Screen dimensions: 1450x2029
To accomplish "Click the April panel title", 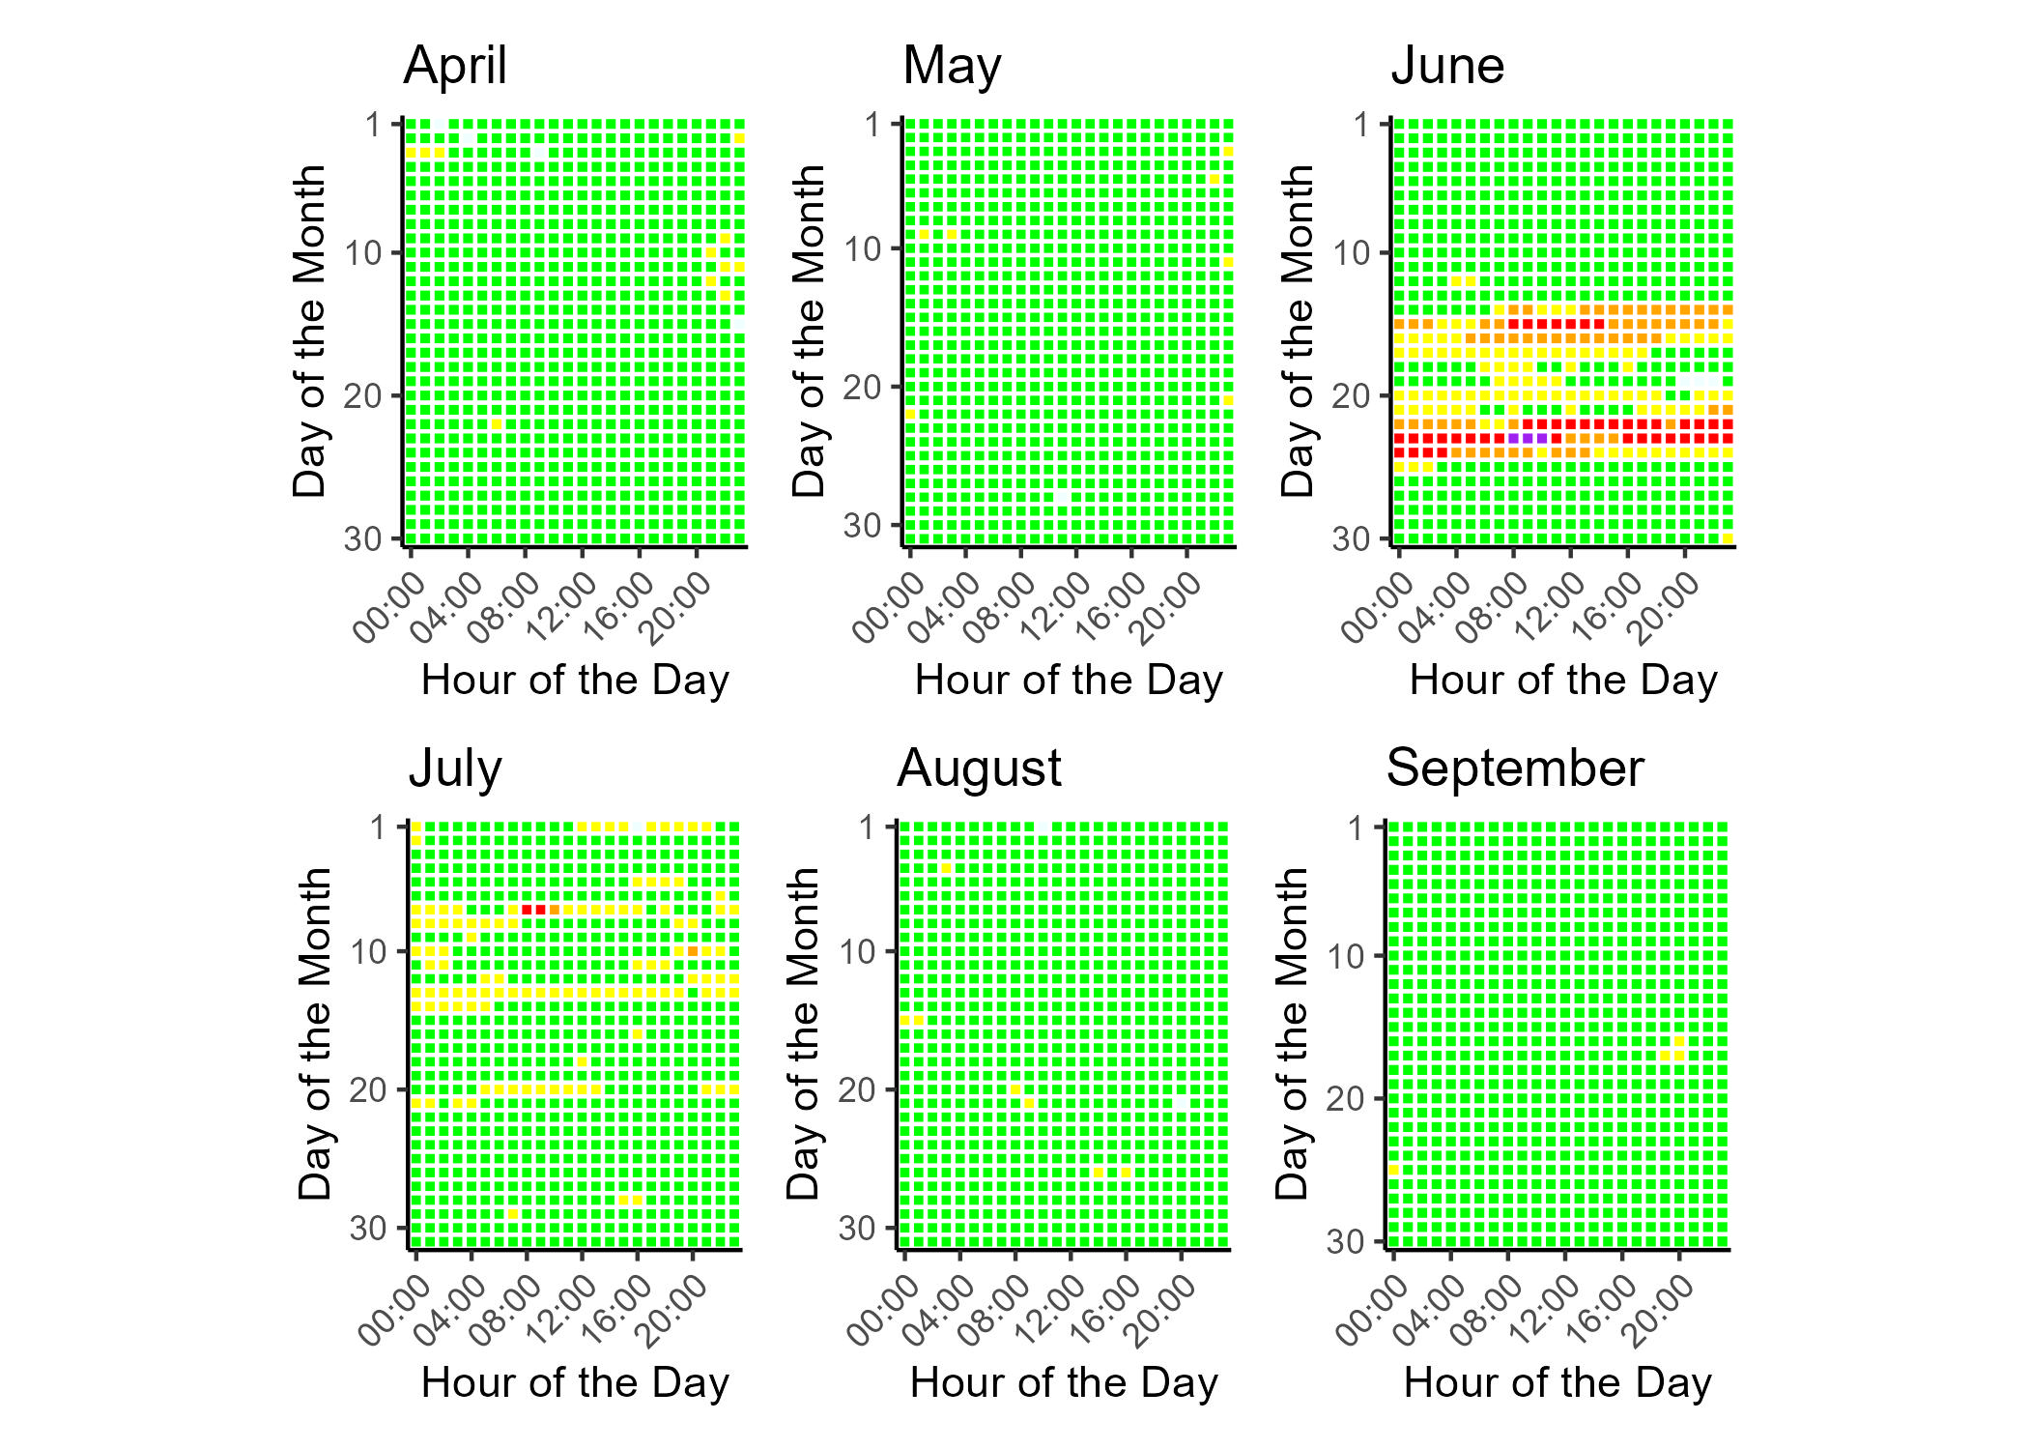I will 455,66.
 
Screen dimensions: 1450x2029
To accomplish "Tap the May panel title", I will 952,66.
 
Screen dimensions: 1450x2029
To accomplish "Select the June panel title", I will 1447,66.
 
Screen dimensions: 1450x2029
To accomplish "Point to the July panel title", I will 455,768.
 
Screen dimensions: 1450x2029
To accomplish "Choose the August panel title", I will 979,768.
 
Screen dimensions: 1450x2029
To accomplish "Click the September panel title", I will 1514,768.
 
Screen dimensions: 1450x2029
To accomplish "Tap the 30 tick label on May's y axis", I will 863,526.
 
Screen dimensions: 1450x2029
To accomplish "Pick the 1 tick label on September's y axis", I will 1357,828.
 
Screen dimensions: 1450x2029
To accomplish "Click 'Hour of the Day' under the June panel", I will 1563,681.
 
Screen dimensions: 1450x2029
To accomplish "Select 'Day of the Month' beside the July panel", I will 315,1034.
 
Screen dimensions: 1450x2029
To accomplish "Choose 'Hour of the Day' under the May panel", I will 1069,681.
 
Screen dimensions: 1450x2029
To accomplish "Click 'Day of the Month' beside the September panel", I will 1292,1034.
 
